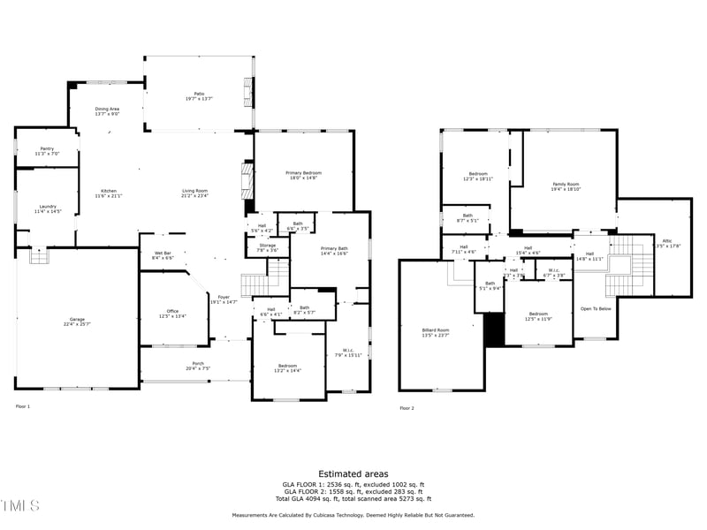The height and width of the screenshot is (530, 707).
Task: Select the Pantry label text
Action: [x=47, y=151]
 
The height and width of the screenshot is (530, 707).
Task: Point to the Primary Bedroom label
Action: [x=303, y=174]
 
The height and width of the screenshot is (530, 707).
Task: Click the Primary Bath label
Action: [x=334, y=251]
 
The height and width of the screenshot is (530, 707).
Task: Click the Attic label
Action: [x=666, y=243]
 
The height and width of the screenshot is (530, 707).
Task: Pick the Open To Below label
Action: [x=596, y=308]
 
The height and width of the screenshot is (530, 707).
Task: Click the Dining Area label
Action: [x=107, y=110]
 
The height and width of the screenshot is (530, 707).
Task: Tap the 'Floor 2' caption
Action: [x=407, y=408]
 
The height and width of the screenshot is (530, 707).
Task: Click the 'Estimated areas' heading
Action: [x=353, y=474]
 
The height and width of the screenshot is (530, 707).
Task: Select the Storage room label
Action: [x=268, y=248]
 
